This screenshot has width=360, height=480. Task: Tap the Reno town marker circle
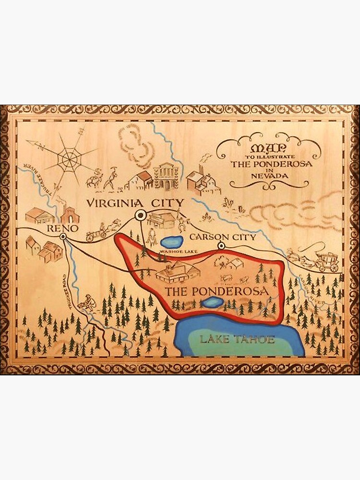coord(63,237)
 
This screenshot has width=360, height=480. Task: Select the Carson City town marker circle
coord(221,246)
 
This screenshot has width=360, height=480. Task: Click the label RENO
coord(60,229)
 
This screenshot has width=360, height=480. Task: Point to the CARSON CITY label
coord(216,237)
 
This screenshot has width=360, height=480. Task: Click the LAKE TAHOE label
coord(237,339)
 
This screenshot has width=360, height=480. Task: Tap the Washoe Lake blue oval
coord(172,241)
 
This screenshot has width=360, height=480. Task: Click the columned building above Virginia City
coord(166,177)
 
